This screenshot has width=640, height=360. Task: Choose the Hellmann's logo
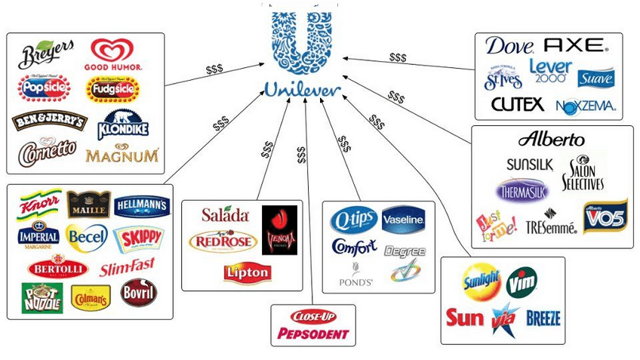[142, 205]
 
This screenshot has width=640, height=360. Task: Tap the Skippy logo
[137, 239]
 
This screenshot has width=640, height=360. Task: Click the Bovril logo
[139, 292]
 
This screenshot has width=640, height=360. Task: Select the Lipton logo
[246, 272]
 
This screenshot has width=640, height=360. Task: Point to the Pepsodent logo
[313, 333]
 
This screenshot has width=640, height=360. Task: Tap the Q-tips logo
[352, 220]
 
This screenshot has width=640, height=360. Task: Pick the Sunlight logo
[481, 282]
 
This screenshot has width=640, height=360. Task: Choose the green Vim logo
[522, 282]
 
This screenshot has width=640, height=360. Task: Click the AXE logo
[574, 45]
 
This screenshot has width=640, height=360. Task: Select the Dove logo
[509, 46]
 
